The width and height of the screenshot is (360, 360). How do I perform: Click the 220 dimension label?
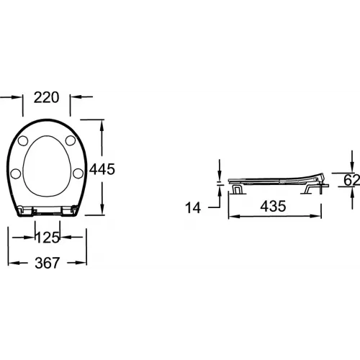coord(46,97)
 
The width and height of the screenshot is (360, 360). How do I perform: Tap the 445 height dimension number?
coord(102,169)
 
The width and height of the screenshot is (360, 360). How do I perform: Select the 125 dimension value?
coord(48,238)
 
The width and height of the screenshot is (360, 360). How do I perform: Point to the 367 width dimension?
coord(48,263)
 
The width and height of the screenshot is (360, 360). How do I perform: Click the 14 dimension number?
coord(193,208)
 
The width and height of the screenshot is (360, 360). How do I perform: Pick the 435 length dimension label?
coord(273,206)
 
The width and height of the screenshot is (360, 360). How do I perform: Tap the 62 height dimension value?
coord(352,180)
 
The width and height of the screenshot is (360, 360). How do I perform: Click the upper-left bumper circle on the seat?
coord(23,141)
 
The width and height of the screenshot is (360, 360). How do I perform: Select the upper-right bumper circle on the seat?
coord(71,140)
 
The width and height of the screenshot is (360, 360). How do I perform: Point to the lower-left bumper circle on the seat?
coord(16,174)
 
